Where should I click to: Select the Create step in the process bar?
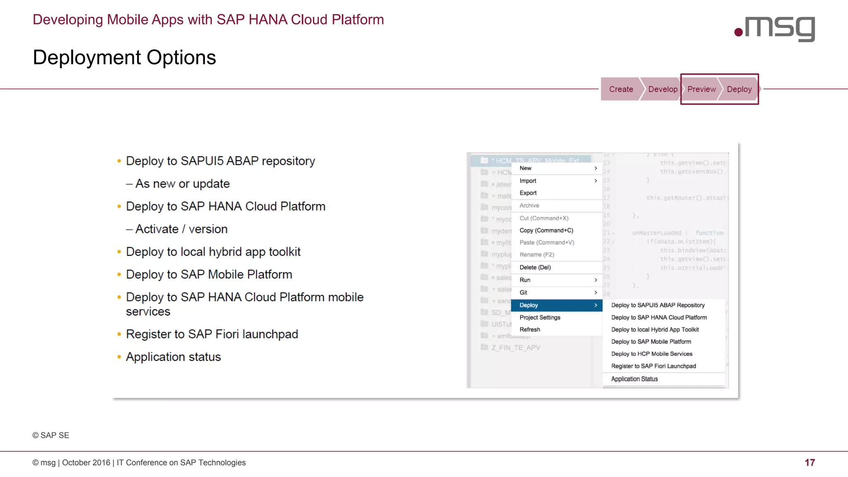621,89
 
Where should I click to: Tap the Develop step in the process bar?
662,89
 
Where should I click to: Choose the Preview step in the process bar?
701,89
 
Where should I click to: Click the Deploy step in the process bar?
739,89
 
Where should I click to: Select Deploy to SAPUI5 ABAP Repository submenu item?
658,305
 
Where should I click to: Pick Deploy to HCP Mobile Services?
652,354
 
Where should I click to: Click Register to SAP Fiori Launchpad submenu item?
653,366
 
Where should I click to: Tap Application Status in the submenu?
634,379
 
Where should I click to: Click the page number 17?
809,463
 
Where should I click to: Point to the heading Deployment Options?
124,58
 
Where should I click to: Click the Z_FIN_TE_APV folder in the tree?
516,348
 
